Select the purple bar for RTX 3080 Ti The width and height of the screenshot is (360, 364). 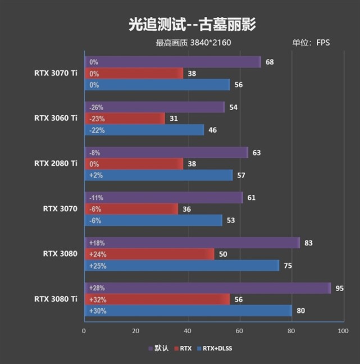208,288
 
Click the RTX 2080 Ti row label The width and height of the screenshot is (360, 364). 56,163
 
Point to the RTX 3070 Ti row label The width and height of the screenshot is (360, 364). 56,73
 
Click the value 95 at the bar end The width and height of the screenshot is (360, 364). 340,288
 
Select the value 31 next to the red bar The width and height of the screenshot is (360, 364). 174,119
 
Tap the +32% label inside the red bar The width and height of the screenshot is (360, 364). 98,300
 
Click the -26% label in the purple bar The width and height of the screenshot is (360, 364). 96,107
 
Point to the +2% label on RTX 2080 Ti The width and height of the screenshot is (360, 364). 95,175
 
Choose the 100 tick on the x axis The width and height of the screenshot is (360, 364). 342,331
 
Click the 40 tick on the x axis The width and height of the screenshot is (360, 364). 188,331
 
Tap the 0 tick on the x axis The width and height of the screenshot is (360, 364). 84,331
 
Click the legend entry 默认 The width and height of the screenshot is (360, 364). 161,348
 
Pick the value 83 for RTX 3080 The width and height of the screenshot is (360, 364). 308,243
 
